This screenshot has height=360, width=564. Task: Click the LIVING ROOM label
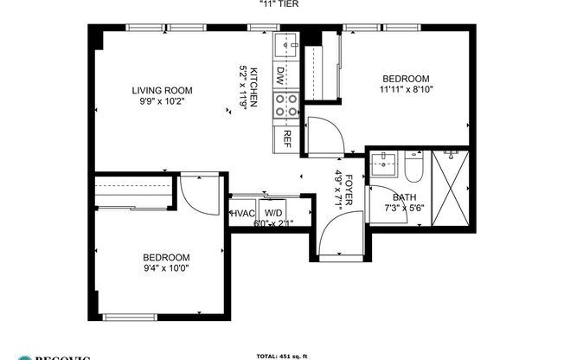point(161,90)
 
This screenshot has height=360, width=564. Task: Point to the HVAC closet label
point(241,213)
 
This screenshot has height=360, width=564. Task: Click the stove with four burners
point(285,106)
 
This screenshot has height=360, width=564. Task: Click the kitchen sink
point(286,45)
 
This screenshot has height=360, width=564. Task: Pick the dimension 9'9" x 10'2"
point(161,101)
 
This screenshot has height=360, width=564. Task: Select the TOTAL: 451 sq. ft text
point(282,356)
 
